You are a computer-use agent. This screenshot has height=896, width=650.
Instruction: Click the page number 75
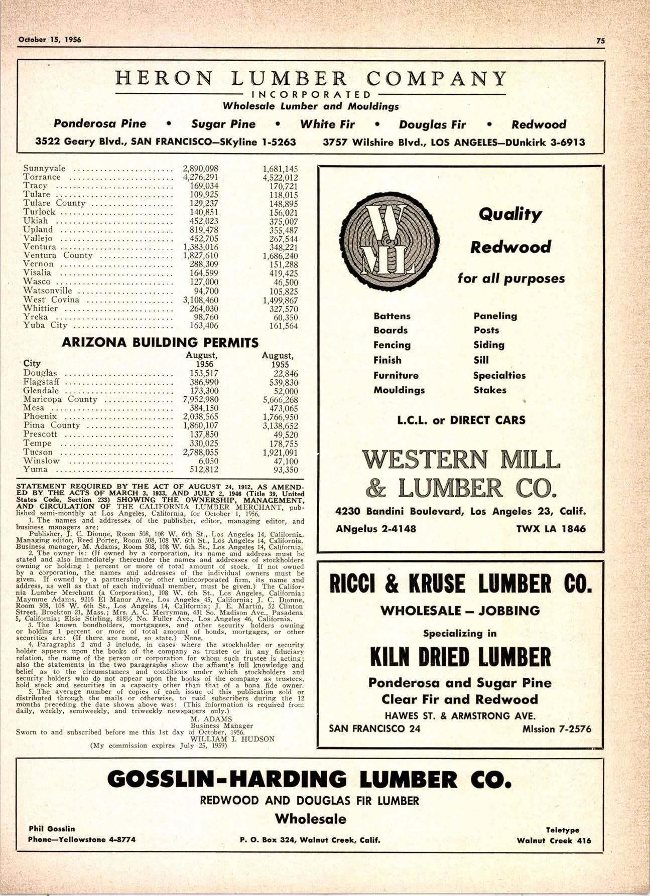600,41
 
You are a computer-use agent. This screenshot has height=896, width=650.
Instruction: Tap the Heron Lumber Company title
311,78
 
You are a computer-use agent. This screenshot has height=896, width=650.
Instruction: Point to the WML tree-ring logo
387,240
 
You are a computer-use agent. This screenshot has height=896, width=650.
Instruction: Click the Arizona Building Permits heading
160,343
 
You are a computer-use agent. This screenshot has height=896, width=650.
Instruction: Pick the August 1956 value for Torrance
201,177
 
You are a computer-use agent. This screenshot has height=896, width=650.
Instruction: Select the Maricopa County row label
60,399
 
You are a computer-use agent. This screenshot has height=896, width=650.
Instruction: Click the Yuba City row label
45,325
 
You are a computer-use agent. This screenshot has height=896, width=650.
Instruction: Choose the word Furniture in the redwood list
396,375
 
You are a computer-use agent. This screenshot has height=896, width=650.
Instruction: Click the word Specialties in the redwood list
499,375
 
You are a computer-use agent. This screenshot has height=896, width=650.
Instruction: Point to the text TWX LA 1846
550,529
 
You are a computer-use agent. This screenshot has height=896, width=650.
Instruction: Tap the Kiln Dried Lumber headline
460,656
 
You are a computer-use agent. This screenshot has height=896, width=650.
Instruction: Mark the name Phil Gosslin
52,828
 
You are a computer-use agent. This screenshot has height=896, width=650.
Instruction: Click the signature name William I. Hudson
232,739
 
